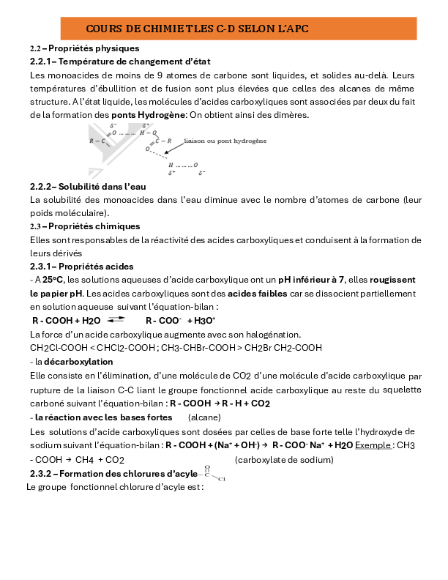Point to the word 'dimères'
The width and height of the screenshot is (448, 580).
coord(291,115)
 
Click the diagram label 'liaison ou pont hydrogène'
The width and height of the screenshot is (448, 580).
coord(225,140)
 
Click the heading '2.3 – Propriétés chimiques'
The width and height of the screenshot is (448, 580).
coord(84,226)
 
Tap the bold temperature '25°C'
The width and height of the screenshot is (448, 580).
coord(53,279)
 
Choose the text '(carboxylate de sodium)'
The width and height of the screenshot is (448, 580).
coord(284,460)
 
